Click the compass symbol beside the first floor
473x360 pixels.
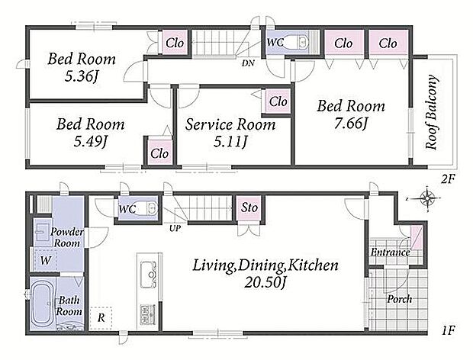[427, 198]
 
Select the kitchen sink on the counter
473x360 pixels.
[149, 275]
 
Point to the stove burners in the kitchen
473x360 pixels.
[148, 314]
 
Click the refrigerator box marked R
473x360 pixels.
[101, 318]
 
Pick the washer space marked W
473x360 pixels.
[45, 260]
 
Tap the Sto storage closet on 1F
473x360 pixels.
[249, 208]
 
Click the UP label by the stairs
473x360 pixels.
[175, 228]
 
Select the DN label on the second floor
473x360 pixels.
[248, 63]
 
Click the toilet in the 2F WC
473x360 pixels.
[296, 42]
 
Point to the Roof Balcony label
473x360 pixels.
[432, 112]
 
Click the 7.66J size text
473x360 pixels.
[351, 123]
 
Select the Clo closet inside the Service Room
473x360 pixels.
[277, 101]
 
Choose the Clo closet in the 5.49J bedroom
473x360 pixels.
[159, 153]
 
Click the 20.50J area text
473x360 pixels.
[265, 282]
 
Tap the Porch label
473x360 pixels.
[400, 299]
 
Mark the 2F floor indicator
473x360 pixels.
[448, 180]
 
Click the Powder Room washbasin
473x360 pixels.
[40, 232]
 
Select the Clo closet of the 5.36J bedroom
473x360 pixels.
[175, 43]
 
